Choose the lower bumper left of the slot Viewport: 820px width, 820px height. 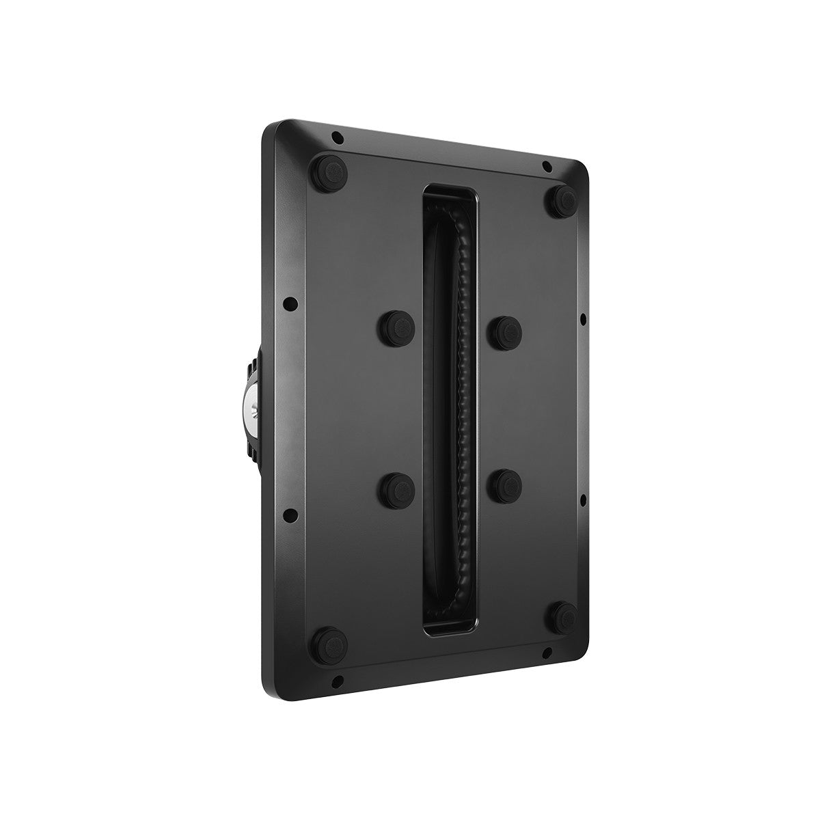click(396, 488)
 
